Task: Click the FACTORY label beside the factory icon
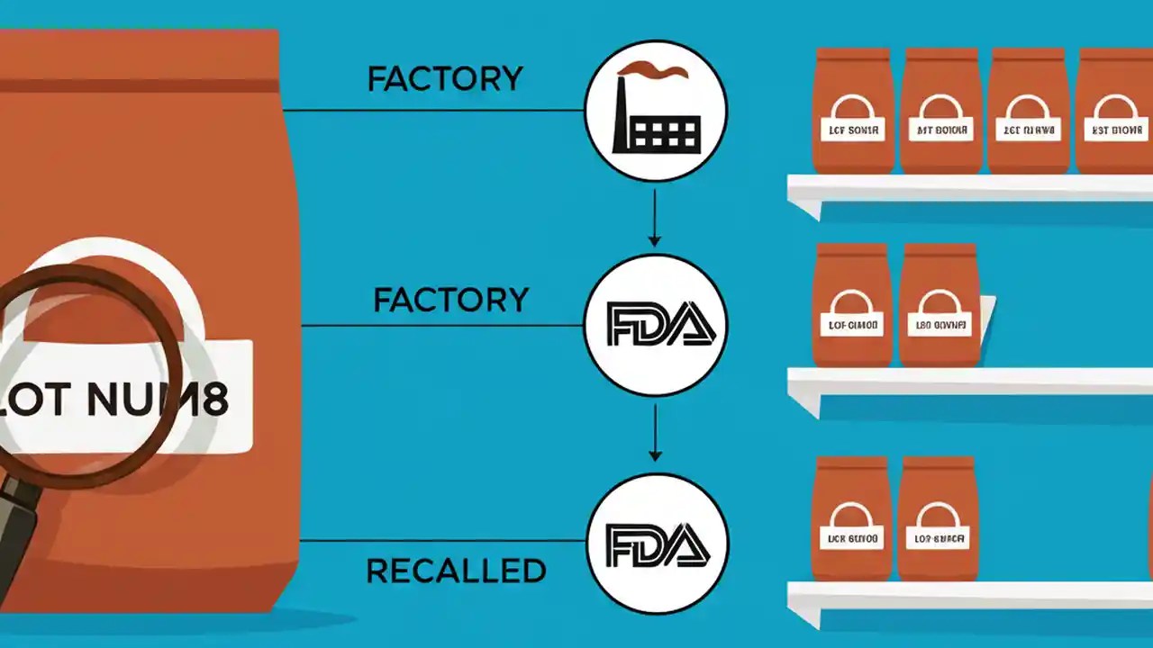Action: click(444, 79)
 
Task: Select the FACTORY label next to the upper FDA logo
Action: click(450, 300)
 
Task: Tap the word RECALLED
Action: click(456, 571)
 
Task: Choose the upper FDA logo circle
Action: click(655, 325)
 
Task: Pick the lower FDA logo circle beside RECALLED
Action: click(657, 544)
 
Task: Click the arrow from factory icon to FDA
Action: click(655, 215)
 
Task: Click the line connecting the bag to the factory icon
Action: click(432, 111)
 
